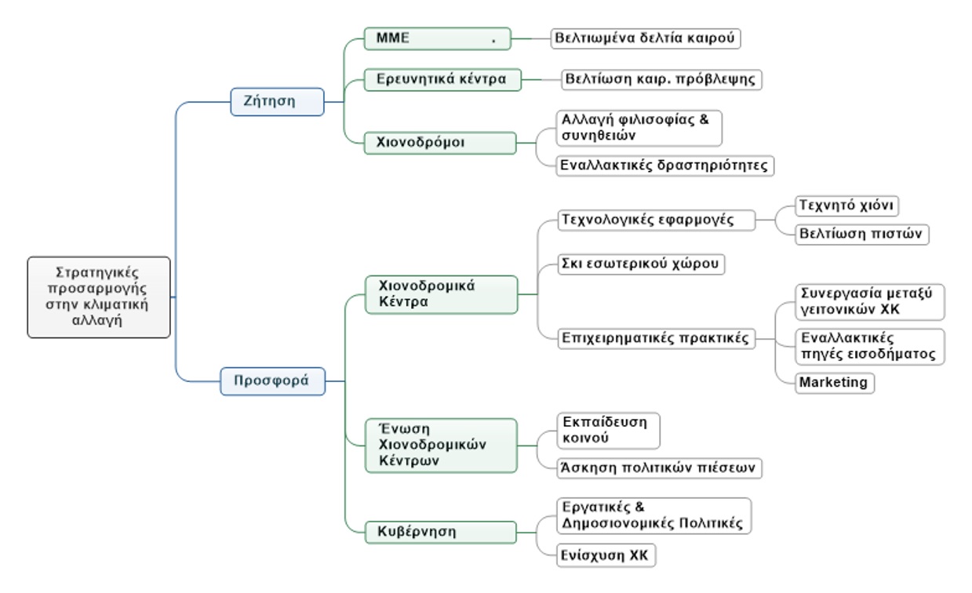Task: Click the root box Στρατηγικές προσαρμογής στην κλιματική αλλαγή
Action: tap(99, 296)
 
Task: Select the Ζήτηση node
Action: tap(277, 101)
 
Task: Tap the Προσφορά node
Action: tap(272, 381)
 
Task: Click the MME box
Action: tap(437, 38)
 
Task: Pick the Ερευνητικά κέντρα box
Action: tap(442, 79)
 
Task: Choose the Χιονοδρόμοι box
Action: tap(440, 143)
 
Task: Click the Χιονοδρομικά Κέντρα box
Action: tap(441, 295)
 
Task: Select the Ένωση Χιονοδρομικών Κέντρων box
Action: tap(441, 445)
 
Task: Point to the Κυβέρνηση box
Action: tap(441, 531)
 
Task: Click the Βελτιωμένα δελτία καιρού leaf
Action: tap(646, 38)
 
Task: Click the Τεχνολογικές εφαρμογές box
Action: tap(657, 220)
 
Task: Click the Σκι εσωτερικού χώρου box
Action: tap(640, 263)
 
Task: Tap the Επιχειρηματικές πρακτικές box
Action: tap(657, 339)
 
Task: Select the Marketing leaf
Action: tap(834, 383)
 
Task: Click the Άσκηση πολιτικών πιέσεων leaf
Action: tap(657, 467)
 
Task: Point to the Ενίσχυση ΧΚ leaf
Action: tap(605, 555)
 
